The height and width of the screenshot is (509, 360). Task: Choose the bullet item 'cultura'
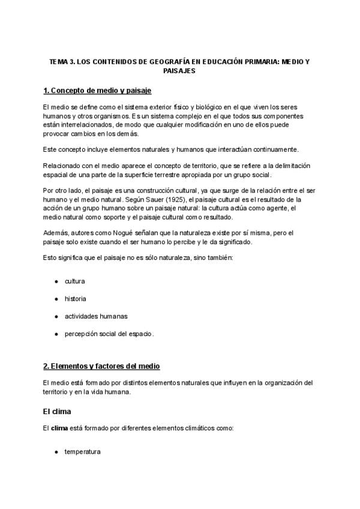pyautogui.click(x=75, y=281)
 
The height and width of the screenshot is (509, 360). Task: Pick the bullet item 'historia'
pyautogui.click(x=76, y=298)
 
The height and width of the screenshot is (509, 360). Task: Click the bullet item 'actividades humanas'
pyautogui.click(x=96, y=316)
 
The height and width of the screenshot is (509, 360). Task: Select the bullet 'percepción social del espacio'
pyautogui.click(x=109, y=333)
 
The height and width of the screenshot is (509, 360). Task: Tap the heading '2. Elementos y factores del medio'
pyautogui.click(x=102, y=366)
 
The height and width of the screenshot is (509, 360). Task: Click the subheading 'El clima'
pyautogui.click(x=58, y=412)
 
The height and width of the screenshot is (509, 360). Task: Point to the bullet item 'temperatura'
pyautogui.click(x=82, y=451)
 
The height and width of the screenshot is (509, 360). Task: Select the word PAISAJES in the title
pyautogui.click(x=179, y=70)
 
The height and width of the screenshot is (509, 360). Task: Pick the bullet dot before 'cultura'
pyautogui.click(x=56, y=281)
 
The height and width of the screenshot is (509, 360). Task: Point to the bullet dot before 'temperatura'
pyautogui.click(x=56, y=451)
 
